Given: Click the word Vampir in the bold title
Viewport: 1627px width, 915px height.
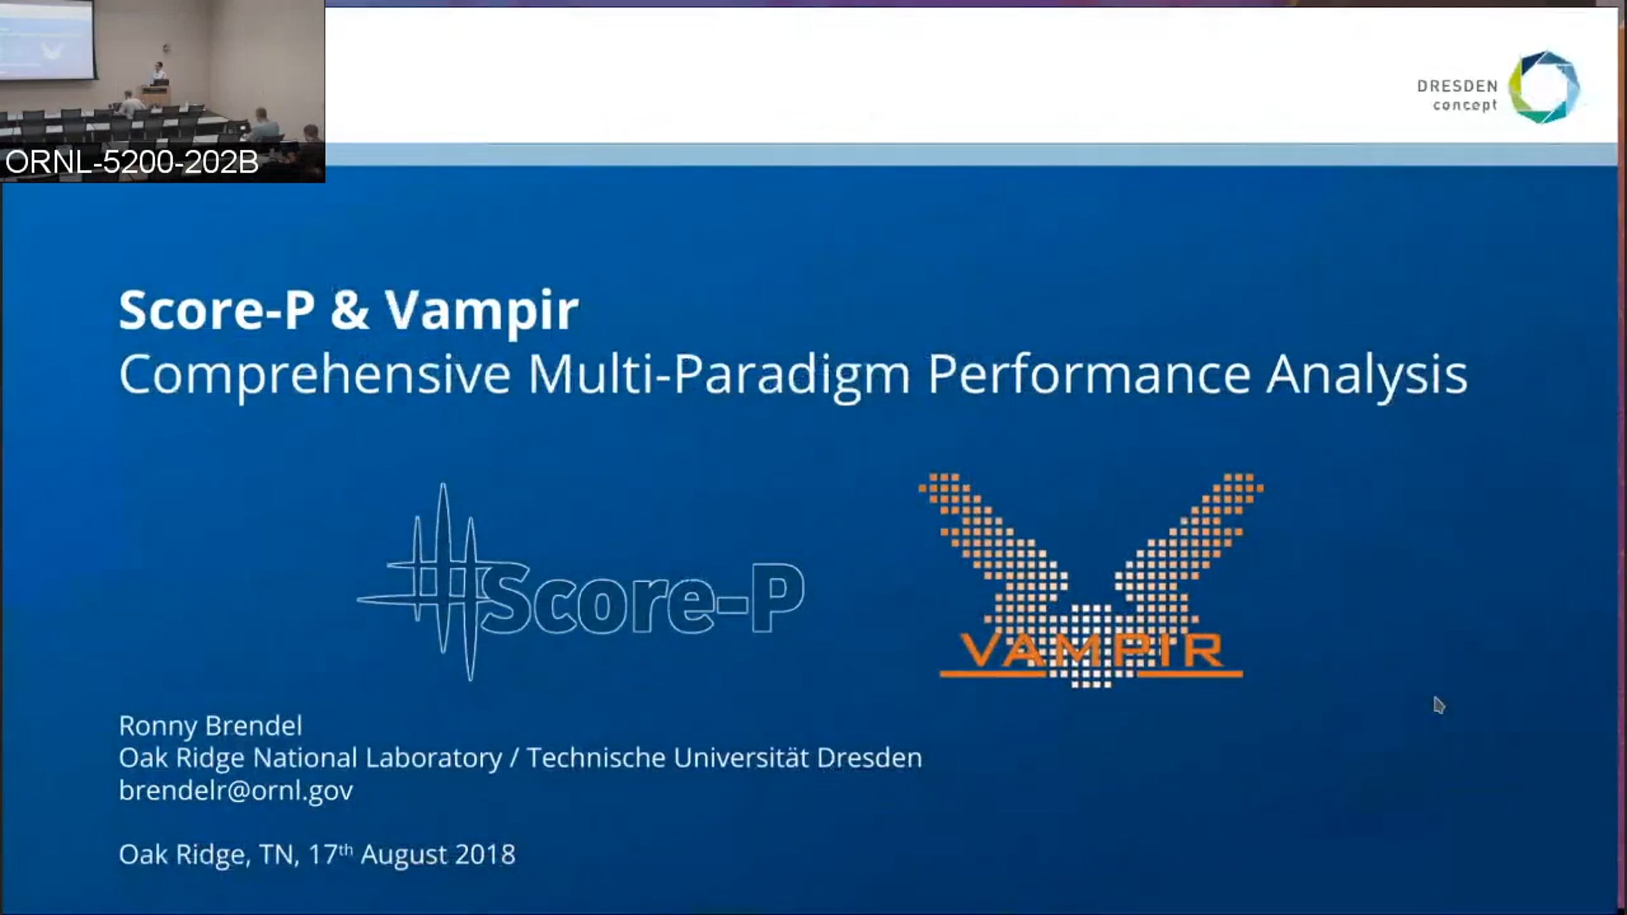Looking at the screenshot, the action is tap(482, 311).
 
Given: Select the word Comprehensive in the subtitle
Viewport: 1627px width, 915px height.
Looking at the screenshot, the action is tap(315, 375).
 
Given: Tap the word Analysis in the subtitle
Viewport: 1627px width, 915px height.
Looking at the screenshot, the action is tap(1367, 375).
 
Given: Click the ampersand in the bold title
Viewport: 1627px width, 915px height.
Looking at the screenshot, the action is tap(350, 310).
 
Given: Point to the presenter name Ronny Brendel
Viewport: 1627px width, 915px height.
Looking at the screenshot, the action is tap(210, 726).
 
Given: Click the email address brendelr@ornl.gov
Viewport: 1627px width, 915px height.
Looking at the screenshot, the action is tap(236, 790).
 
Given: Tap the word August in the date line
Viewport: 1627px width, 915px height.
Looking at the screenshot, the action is tap(404, 855).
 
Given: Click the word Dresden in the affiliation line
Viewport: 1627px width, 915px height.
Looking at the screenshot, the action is tap(869, 758).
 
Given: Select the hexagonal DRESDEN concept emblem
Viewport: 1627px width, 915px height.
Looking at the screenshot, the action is tap(1544, 87).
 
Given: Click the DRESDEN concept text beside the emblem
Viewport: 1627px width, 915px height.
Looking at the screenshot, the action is tap(1457, 96).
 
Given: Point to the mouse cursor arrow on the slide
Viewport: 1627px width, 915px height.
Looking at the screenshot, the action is tap(1439, 705).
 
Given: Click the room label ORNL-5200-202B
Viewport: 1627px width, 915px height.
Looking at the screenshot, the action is tap(132, 163).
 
